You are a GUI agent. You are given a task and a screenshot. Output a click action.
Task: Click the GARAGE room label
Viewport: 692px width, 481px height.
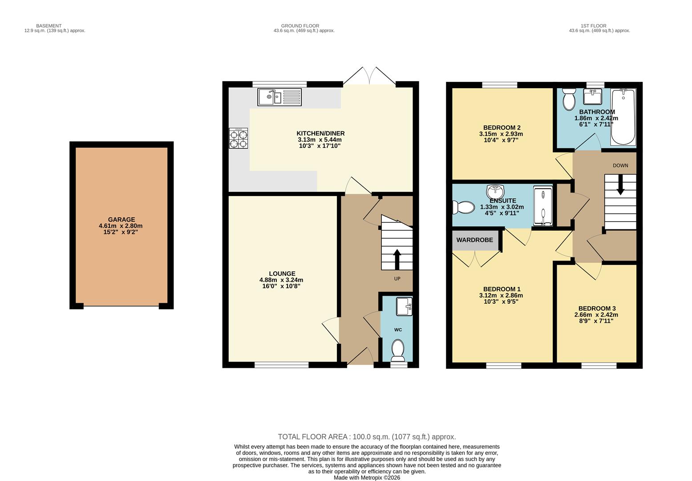[x=121, y=220]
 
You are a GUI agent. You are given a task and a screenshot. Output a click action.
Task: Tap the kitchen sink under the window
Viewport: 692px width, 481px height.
[x=279, y=97]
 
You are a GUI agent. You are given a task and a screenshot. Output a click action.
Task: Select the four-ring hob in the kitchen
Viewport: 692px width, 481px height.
[x=239, y=138]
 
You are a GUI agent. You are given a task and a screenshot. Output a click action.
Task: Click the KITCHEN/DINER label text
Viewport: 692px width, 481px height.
[x=320, y=133]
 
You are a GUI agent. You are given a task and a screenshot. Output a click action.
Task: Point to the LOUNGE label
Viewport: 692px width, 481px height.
[x=282, y=273]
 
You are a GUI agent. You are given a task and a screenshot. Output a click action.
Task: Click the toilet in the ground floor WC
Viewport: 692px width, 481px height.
[x=397, y=350]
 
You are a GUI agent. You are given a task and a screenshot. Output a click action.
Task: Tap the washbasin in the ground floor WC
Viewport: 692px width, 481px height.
[x=404, y=306]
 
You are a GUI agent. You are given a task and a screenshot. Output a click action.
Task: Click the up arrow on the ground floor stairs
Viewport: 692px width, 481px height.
[x=397, y=258]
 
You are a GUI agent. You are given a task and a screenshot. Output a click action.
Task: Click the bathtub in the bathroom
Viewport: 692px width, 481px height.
[x=623, y=117]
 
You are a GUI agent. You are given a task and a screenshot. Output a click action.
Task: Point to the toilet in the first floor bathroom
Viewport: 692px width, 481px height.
[x=569, y=99]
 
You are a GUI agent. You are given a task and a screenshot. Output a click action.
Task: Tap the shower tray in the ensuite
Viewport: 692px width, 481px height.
[x=543, y=207]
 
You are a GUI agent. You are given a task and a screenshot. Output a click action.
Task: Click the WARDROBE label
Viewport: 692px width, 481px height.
[x=474, y=240]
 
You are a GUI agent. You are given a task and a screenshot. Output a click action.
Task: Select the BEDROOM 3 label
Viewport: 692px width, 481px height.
[x=597, y=308]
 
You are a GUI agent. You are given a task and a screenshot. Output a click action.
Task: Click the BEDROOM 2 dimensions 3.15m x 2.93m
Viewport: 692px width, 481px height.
[x=501, y=134]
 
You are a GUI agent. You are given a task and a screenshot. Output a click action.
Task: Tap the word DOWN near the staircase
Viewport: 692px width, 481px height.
[x=620, y=166]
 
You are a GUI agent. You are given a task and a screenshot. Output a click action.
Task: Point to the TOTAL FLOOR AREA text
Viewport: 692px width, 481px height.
[x=367, y=437]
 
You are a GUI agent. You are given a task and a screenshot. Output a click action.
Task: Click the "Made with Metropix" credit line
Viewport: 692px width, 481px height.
[x=367, y=477]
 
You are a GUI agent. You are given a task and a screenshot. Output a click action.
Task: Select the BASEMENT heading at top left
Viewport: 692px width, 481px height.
[x=49, y=26]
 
